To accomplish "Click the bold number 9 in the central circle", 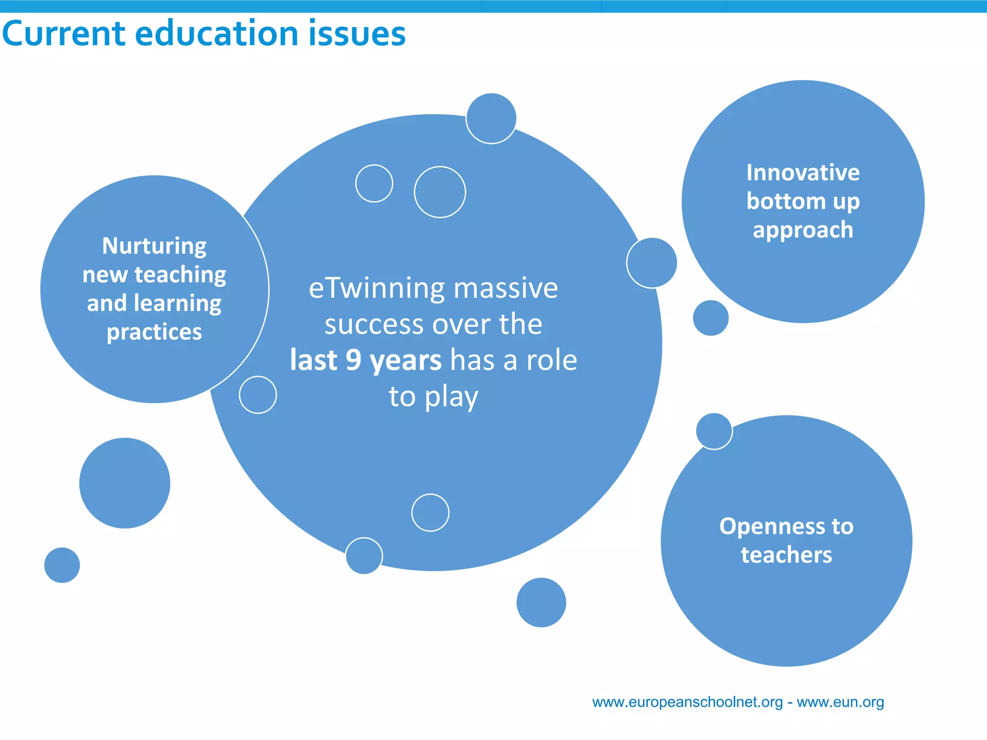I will tap(353, 360).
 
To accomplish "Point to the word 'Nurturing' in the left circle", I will tap(154, 246).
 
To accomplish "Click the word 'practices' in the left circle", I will tap(154, 332).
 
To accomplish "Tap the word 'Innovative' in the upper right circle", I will tap(803, 172).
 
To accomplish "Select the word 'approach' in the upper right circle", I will tap(803, 230).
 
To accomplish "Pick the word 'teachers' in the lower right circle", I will tap(787, 555).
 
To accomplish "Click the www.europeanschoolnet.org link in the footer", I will tap(687, 702).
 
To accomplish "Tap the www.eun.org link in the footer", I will tap(840, 702).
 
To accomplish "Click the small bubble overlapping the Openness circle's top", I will tap(714, 431).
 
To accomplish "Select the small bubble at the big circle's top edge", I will tap(491, 119).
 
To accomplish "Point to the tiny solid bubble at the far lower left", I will tap(62, 565).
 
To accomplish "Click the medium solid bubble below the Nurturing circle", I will tap(125, 483).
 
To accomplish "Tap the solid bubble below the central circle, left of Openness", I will tap(541, 602).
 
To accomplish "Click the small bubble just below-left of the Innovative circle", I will tap(711, 318).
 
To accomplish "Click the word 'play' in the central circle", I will tap(452, 397).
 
